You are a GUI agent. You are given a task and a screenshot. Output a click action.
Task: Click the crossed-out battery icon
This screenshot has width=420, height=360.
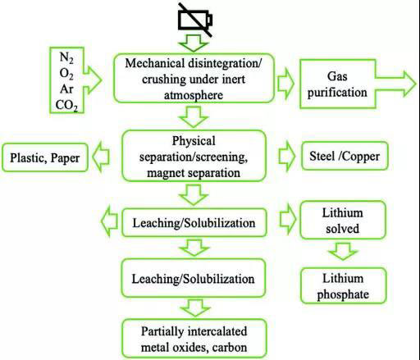[195, 20]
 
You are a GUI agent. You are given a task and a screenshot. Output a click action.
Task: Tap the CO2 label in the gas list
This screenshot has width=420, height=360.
[66, 105]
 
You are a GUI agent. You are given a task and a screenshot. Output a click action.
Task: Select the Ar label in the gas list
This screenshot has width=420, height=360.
[66, 89]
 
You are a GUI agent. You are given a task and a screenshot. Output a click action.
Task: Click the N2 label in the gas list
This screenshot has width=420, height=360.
[66, 57]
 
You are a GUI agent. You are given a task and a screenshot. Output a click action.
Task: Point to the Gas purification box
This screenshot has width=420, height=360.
[337, 84]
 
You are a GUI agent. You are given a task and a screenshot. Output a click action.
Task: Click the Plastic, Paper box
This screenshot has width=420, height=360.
[45, 157]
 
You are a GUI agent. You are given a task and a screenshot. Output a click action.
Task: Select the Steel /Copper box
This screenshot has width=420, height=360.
[345, 156]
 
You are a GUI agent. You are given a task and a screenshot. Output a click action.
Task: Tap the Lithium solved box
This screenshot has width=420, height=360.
[343, 221]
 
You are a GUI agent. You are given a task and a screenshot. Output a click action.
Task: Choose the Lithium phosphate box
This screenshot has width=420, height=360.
[343, 286]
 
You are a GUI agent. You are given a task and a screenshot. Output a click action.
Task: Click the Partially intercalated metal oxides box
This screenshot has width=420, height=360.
[194, 339]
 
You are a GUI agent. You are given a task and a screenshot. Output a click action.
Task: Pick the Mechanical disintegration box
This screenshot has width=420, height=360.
[194, 79]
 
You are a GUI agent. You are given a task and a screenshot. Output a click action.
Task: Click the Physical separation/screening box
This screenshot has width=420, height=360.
[194, 156]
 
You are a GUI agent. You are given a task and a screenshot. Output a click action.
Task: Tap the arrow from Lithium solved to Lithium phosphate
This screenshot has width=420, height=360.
[343, 252]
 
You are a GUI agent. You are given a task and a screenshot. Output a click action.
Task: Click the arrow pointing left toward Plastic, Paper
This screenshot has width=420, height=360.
[101, 157]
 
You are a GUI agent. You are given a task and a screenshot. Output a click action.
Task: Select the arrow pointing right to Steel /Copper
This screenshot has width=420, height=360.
[287, 157]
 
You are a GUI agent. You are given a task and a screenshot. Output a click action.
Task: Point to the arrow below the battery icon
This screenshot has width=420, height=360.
[194, 43]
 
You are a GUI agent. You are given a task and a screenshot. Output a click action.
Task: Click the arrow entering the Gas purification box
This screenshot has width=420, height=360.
[286, 83]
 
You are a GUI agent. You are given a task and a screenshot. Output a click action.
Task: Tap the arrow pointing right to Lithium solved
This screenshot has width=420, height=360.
[288, 219]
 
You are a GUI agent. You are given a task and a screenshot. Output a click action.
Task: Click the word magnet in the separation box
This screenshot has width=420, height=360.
[162, 173]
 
